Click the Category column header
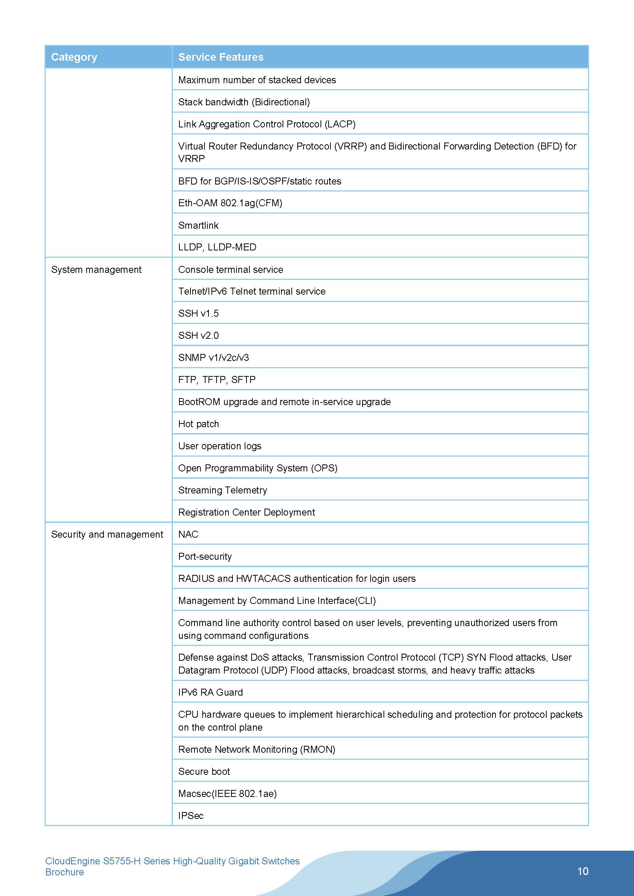(74, 57)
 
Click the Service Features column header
(221, 57)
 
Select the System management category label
(96, 270)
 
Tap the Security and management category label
(107, 534)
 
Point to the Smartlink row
(198, 225)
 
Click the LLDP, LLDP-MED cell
(217, 247)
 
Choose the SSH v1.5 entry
(198, 313)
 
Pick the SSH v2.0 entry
(198, 335)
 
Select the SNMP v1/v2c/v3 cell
(213, 358)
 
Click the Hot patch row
(198, 424)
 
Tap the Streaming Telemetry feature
(223, 490)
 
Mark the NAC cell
(188, 534)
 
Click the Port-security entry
(205, 556)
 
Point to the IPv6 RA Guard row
(210, 692)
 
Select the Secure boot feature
(204, 772)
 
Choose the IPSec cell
(191, 816)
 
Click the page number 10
(582, 871)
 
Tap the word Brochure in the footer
(64, 872)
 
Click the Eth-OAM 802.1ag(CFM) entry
(230, 203)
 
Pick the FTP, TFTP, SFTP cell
(217, 380)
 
